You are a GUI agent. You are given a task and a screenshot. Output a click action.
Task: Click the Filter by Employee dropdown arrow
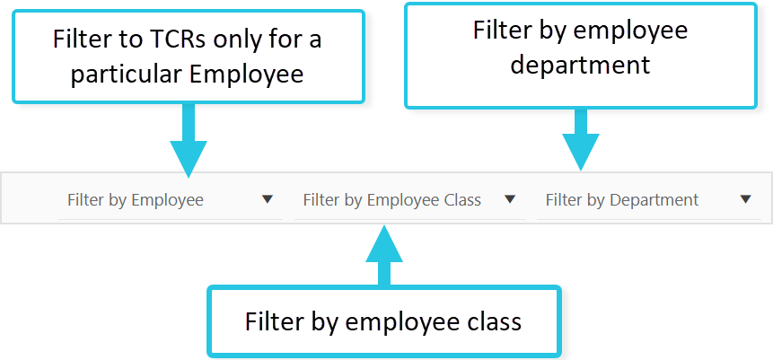coord(268,199)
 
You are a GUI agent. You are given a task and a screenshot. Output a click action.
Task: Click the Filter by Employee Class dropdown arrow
coord(510,199)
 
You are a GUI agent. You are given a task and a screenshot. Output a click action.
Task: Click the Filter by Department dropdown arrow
coord(745,199)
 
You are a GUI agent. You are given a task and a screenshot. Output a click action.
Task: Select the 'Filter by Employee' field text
coord(136,200)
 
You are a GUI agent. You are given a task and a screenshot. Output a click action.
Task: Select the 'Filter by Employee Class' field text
coord(391,200)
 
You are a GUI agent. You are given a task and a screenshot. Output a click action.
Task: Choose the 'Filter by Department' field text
coord(621,200)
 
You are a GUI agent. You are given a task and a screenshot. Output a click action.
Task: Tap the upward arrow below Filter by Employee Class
coord(384,256)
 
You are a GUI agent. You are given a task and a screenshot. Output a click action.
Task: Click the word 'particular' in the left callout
coord(127,74)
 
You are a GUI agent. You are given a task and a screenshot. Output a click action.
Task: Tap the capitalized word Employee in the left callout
coord(246,74)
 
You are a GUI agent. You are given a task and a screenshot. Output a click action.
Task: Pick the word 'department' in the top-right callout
coord(580,65)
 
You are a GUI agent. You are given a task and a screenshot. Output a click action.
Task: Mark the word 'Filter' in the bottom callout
coord(273,320)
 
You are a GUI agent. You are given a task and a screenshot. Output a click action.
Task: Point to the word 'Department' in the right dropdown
coord(654,200)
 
